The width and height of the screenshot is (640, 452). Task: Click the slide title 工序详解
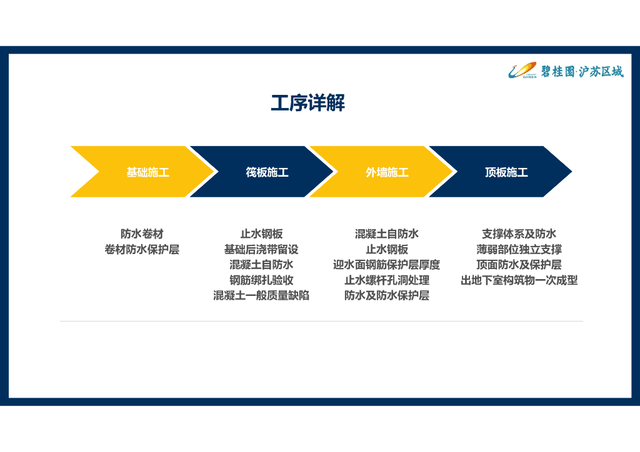(307, 103)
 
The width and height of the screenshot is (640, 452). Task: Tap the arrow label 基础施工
(147, 172)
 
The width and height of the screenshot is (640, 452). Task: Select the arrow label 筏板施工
(267, 172)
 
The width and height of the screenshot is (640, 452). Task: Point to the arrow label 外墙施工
(387, 172)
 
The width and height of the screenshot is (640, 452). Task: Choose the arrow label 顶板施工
(506, 172)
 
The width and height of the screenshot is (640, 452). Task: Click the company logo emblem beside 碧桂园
(522, 71)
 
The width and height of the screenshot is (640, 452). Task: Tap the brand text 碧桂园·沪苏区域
(582, 72)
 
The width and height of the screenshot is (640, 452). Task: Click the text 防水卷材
(142, 234)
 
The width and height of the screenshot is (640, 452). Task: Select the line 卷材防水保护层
(142, 250)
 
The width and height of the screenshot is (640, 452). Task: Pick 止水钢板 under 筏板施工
(261, 234)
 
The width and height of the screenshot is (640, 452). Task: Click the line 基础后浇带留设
(261, 250)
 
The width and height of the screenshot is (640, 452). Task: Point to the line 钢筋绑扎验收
(261, 280)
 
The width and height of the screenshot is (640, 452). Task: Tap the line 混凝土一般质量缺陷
(261, 295)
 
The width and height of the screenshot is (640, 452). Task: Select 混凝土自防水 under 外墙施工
(387, 234)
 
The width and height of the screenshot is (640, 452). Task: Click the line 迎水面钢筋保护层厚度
(387, 265)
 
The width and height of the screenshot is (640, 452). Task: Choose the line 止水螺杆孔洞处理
(387, 280)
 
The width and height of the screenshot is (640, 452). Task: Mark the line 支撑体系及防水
(519, 234)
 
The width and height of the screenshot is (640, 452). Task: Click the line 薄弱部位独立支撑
(519, 250)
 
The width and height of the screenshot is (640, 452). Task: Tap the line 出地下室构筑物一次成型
(519, 280)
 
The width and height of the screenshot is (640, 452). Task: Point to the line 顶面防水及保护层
(519, 265)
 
